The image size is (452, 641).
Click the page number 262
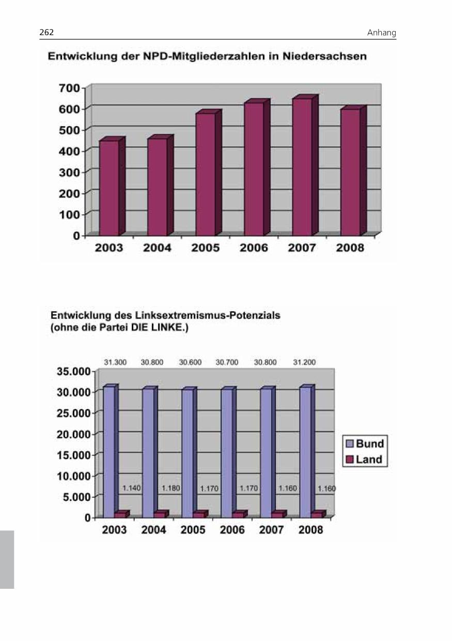46,33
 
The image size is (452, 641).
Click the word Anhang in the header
381,33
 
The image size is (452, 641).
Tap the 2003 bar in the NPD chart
109,187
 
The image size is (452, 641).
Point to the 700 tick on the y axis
70,88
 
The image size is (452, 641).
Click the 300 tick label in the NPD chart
70,171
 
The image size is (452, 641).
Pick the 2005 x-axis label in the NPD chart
206,248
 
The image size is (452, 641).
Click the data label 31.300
115,362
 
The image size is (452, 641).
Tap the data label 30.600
190,362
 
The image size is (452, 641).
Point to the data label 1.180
171,488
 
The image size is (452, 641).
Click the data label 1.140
131,488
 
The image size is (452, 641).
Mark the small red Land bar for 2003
120,514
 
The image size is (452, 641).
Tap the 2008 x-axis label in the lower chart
310,530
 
